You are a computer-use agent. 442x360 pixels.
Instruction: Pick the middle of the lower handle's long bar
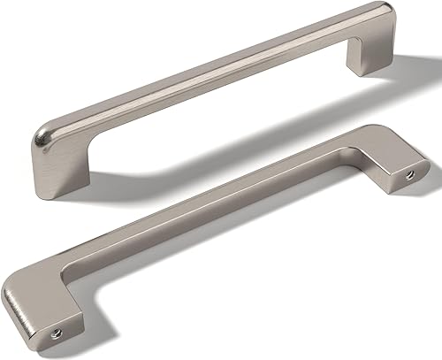coord(221,212)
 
